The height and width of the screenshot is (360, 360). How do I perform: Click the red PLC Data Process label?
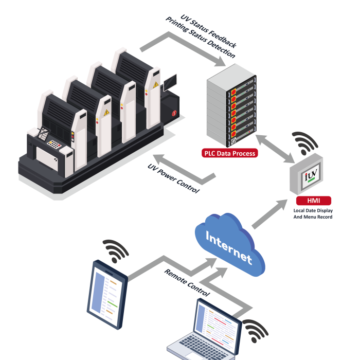(229, 153)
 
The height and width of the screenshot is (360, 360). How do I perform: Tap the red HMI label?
(313, 201)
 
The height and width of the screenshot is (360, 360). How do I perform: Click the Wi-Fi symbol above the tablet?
(115, 250)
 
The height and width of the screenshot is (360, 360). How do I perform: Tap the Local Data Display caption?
(313, 214)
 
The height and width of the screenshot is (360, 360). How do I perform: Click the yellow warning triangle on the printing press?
(107, 112)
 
